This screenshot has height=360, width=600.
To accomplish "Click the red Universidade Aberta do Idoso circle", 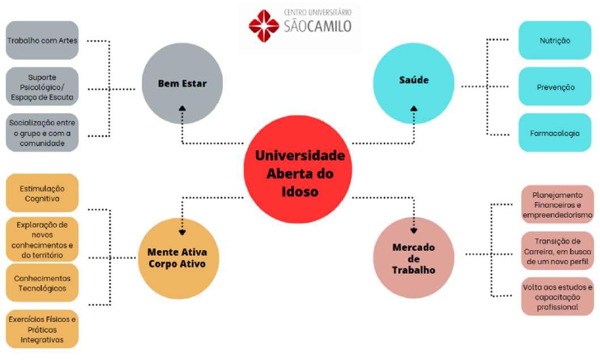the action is pyautogui.click(x=298, y=169).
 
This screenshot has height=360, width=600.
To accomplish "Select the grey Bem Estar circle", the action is pyautogui.click(x=181, y=84).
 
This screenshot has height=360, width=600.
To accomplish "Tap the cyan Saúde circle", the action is pyautogui.click(x=414, y=80).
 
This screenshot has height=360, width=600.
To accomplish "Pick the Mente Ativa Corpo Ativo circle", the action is pyautogui.click(x=178, y=259).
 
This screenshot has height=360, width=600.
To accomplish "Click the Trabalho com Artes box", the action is pyautogui.click(x=42, y=40).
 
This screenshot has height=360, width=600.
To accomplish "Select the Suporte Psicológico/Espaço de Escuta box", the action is pyautogui.click(x=42, y=87).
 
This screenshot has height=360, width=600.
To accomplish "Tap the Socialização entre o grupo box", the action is pyautogui.click(x=42, y=132).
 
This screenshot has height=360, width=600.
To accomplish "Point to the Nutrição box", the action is pyautogui.click(x=555, y=40).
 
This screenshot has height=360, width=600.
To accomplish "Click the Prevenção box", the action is pyautogui.click(x=555, y=87).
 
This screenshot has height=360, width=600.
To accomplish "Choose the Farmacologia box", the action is pyautogui.click(x=555, y=133).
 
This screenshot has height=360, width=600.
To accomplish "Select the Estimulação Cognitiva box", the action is pyautogui.click(x=42, y=193).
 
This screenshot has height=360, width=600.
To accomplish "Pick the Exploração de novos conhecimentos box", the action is pyautogui.click(x=42, y=239).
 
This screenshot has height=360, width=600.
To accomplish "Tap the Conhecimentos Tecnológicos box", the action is pyautogui.click(x=42, y=283).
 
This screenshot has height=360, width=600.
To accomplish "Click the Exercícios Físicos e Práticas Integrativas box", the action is pyautogui.click(x=42, y=329).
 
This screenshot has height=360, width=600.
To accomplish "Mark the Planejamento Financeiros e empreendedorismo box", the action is pyautogui.click(x=557, y=204).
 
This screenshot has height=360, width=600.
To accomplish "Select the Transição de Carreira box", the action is pyautogui.click(x=557, y=250).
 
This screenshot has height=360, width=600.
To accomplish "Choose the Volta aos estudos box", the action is pyautogui.click(x=557, y=296).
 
